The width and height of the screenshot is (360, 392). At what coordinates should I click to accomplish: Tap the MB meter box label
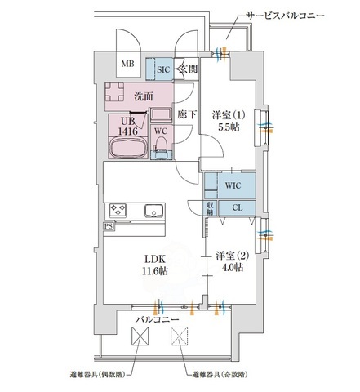128,64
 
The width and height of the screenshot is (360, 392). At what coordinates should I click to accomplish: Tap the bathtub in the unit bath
128,149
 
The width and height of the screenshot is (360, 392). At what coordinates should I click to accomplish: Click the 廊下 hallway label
186,116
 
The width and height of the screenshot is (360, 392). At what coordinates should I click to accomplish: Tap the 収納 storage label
210,209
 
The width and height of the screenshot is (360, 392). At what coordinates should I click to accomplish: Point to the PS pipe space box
109,226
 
